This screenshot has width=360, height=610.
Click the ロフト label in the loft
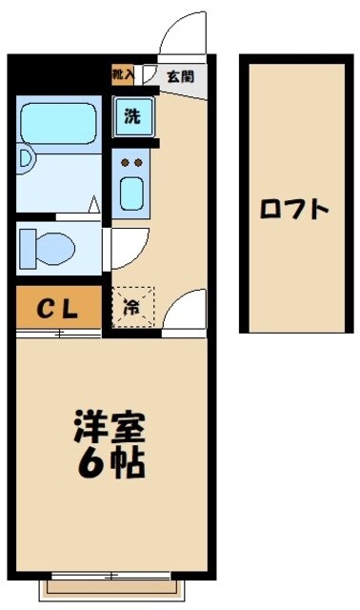pos(295,207)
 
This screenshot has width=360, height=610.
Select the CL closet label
pos(57,308)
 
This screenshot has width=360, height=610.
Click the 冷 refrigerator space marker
pos(131,307)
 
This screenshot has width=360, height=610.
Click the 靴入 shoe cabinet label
pos(123,74)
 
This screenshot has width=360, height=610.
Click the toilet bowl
pos(54,247)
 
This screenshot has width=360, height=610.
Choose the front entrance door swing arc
pos(181,38)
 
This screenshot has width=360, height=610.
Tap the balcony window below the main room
pos(110,576)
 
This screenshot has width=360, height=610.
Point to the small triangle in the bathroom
pos(93,203)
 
